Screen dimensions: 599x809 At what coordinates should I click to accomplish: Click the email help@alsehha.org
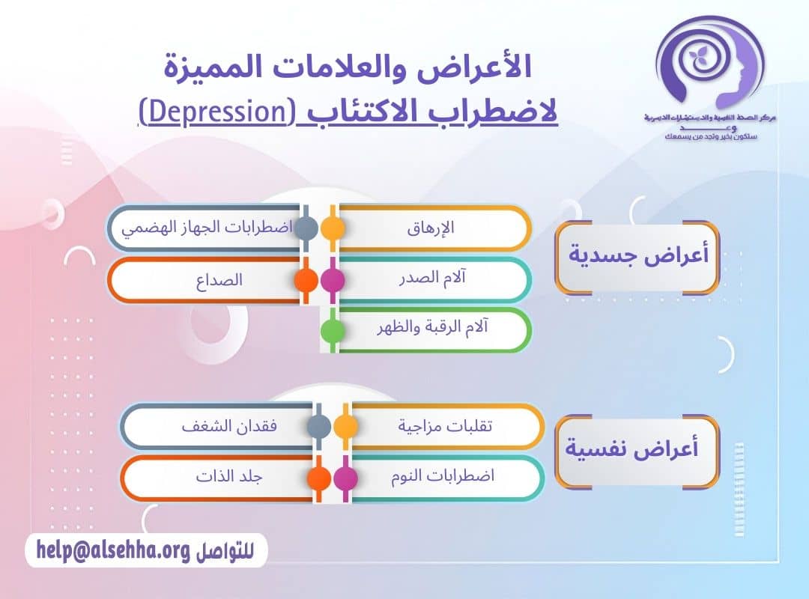113,551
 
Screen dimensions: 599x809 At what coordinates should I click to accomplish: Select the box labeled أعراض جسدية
637,256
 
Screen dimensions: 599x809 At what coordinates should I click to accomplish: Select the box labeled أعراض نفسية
637,452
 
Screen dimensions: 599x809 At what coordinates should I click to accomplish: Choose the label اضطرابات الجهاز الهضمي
207,228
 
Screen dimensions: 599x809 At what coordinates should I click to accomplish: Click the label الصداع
221,280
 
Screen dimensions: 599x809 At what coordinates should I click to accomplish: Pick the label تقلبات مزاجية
446,426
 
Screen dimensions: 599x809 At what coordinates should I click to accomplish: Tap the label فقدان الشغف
228,426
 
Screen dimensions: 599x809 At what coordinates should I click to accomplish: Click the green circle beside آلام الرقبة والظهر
333,330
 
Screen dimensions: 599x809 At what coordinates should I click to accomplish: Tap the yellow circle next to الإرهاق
333,228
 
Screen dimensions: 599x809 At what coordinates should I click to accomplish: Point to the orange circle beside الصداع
306,280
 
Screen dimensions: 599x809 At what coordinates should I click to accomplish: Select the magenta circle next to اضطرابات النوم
345,478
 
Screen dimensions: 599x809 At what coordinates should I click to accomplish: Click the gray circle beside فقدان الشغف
319,426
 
